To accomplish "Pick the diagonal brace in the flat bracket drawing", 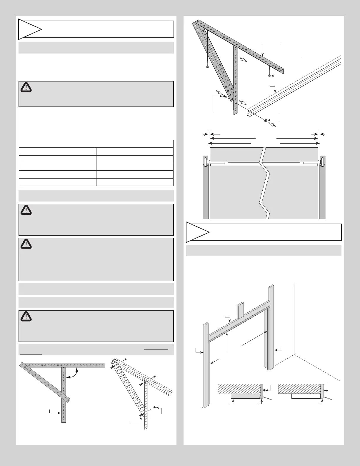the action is [45, 382].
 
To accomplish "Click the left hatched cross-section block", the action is [239, 389].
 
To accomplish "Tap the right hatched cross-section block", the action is [299, 389].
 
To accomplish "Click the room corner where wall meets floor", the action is [294, 355].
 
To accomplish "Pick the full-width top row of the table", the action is [96, 144].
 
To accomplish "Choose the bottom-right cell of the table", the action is [134, 182].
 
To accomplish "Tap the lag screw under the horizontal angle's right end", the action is [269, 72].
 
